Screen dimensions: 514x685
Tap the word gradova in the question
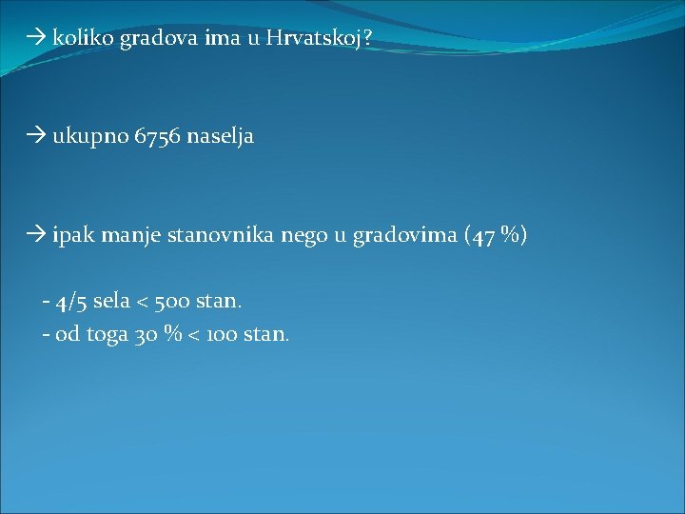click(153, 39)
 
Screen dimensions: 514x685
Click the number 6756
click(159, 137)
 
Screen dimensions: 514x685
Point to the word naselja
click(221, 137)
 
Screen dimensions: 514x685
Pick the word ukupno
click(91, 137)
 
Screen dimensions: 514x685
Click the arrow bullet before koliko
click(38, 39)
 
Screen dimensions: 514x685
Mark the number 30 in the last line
click(147, 335)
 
